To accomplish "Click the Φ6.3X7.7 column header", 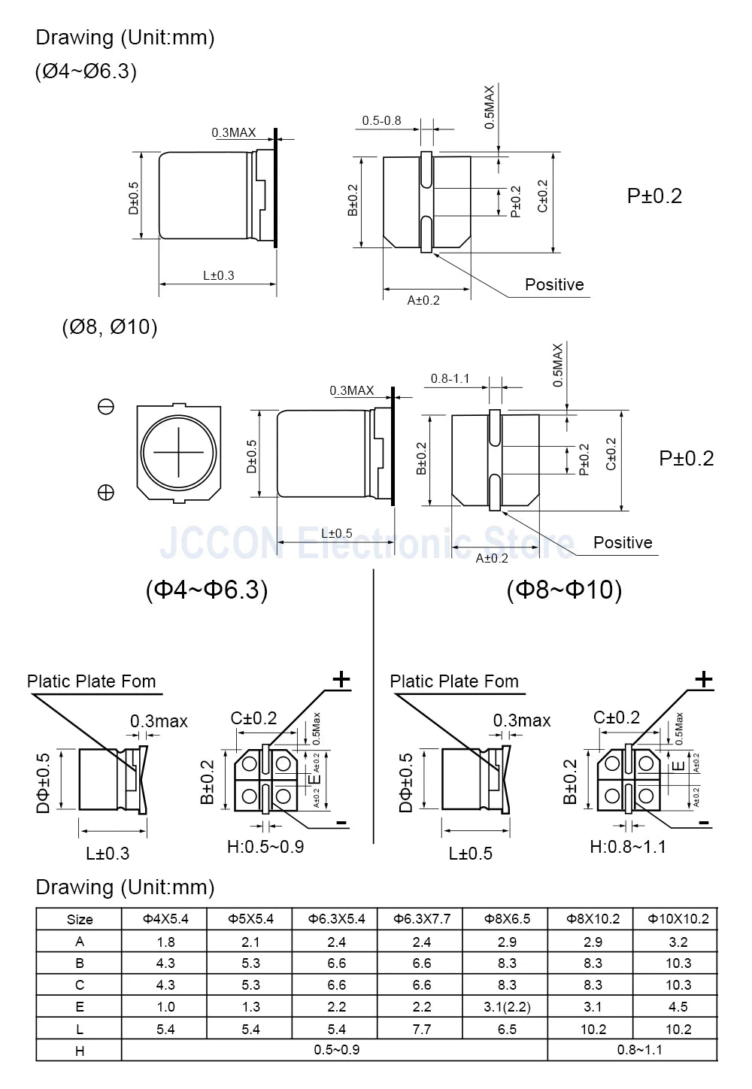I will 422,919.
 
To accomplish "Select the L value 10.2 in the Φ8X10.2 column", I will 593,1029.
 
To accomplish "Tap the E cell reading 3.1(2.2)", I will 507,1007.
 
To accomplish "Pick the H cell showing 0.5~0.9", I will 336,1050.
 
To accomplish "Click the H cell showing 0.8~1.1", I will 640,1050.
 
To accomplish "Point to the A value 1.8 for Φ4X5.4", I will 165,942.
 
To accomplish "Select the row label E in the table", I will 80,1007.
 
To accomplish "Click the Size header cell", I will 80,919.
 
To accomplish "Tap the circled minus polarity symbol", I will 106,407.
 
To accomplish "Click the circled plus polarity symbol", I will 106,493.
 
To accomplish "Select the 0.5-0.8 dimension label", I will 381,120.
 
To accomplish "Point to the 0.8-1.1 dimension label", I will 450,378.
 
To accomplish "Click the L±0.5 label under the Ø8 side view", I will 336,533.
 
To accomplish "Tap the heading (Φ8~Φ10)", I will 564,590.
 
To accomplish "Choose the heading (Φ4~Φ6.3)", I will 206,590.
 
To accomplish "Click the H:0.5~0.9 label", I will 265,847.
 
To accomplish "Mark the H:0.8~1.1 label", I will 628,847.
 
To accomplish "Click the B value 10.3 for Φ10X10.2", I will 678,963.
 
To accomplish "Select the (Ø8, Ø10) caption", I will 110,327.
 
